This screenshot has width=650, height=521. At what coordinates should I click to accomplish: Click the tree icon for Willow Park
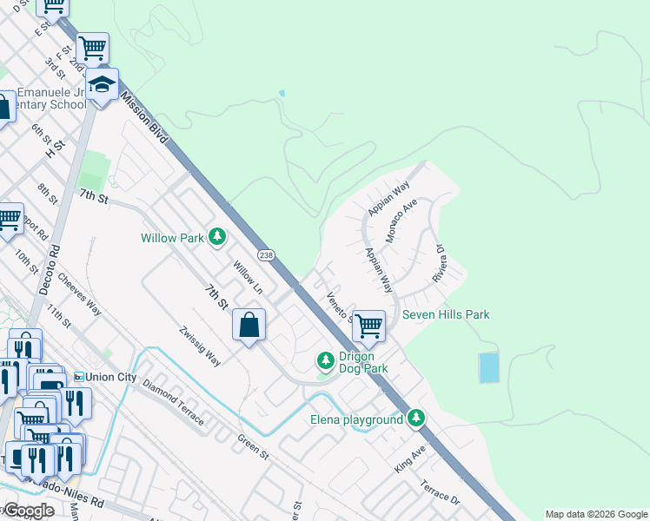point(216,236)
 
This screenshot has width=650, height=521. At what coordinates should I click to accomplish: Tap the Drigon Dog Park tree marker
point(325,359)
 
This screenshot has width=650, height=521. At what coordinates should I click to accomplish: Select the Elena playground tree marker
point(417,419)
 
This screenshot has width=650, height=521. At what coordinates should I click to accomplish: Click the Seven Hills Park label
point(446,314)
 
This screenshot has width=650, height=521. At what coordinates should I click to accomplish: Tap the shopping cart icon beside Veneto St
point(368,326)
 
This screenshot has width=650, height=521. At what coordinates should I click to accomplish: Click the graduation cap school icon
point(103,84)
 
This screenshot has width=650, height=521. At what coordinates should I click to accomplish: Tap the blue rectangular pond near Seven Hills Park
point(489,368)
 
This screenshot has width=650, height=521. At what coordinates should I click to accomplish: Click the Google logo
point(30,511)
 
